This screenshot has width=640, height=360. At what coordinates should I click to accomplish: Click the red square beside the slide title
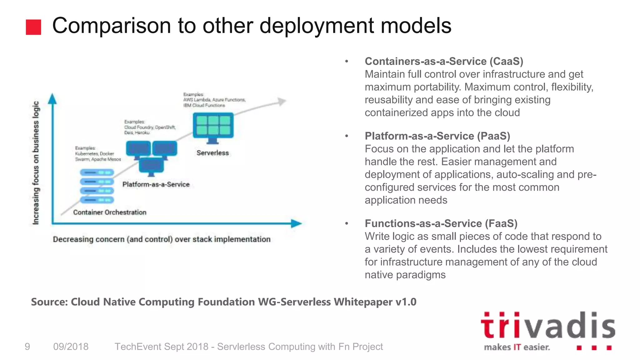[x=33, y=27]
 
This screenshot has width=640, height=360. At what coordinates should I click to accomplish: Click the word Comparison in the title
[x=111, y=26]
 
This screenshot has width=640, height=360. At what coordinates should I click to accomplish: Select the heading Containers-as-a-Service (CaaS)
[x=444, y=61]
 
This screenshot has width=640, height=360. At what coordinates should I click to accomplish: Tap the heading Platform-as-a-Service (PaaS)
[x=437, y=136]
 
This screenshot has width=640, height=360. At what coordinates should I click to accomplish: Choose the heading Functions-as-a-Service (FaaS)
[x=441, y=223]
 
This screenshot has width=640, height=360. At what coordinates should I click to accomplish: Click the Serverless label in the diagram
[x=212, y=153]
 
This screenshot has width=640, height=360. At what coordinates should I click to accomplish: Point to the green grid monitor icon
[x=213, y=126]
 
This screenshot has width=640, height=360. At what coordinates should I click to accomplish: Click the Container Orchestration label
[x=110, y=212]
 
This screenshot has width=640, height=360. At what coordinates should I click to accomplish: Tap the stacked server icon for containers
[x=97, y=186]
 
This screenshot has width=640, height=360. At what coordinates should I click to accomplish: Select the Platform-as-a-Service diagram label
[x=156, y=184]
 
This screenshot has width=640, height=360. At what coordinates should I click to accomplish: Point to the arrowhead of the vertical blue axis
[x=52, y=98]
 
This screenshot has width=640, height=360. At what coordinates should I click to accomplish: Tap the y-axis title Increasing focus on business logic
[x=36, y=162]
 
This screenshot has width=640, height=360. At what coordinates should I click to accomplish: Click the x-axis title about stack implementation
[x=162, y=239]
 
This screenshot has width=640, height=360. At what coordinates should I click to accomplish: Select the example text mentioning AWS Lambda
[x=214, y=100]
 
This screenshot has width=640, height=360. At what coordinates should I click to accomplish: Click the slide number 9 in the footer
[x=27, y=347]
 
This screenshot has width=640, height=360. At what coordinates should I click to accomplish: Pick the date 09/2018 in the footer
[x=71, y=347]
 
